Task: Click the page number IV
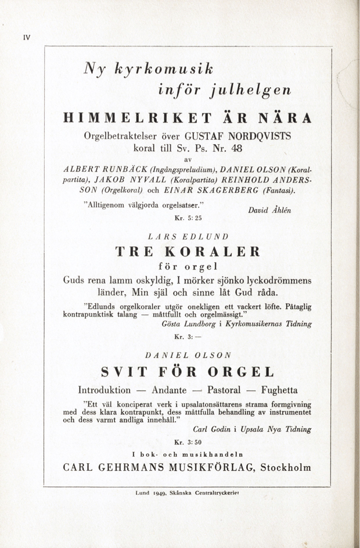(26, 37)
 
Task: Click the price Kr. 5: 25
(187, 218)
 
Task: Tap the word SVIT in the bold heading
(124, 371)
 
